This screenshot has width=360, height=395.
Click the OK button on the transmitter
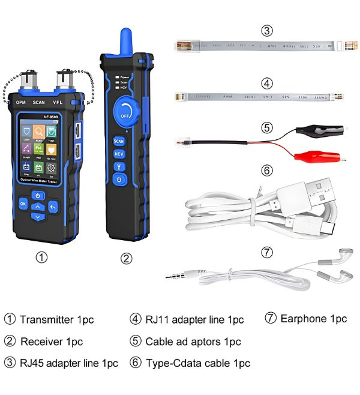[23, 204]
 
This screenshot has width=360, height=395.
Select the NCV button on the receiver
[119, 154]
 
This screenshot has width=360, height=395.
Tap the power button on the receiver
[119, 179]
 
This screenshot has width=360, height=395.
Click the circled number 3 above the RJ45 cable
[267, 31]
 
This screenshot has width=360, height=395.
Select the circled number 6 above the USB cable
[267, 170]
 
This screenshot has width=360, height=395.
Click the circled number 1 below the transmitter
[41, 258]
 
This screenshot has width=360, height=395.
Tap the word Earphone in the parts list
[305, 318]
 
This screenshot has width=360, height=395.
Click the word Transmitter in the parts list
[48, 319]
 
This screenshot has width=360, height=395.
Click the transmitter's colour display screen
[38, 148]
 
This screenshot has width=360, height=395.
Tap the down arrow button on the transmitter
[38, 216]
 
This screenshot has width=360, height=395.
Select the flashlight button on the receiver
[119, 166]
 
